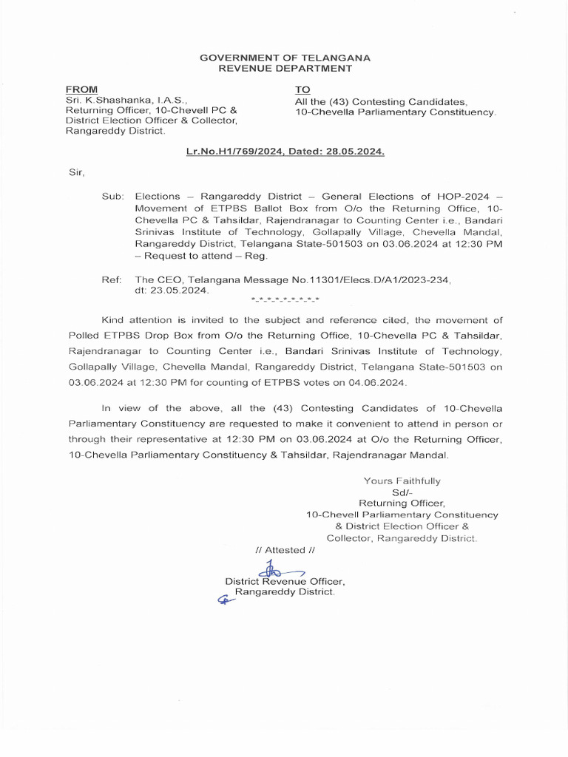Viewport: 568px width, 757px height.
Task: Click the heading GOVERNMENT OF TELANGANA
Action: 285,58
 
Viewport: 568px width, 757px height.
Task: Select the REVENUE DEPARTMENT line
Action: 285,69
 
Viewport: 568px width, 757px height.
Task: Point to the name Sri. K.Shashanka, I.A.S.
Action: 127,98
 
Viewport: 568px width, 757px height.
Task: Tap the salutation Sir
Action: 76,173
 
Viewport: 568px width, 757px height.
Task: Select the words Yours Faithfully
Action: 402,481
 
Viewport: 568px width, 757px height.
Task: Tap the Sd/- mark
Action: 402,492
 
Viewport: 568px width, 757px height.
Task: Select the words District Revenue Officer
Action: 285,582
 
